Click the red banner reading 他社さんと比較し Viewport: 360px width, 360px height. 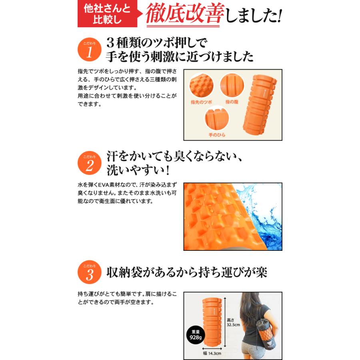point(108,14)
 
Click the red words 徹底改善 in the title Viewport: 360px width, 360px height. point(185,13)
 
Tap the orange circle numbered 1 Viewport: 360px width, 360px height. point(89,49)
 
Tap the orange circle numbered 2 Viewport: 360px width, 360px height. point(89,163)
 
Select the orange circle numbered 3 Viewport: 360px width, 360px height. point(89,272)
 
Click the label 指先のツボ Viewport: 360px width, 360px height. point(201,102)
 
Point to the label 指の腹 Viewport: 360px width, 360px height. point(232,102)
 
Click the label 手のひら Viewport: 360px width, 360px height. point(217,135)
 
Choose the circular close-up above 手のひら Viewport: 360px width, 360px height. point(217,118)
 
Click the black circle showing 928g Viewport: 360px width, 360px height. point(196,335)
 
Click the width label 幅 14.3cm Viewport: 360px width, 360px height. point(212,353)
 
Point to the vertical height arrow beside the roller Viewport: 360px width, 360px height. point(225,322)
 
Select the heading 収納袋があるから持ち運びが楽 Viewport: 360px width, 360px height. point(187,273)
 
